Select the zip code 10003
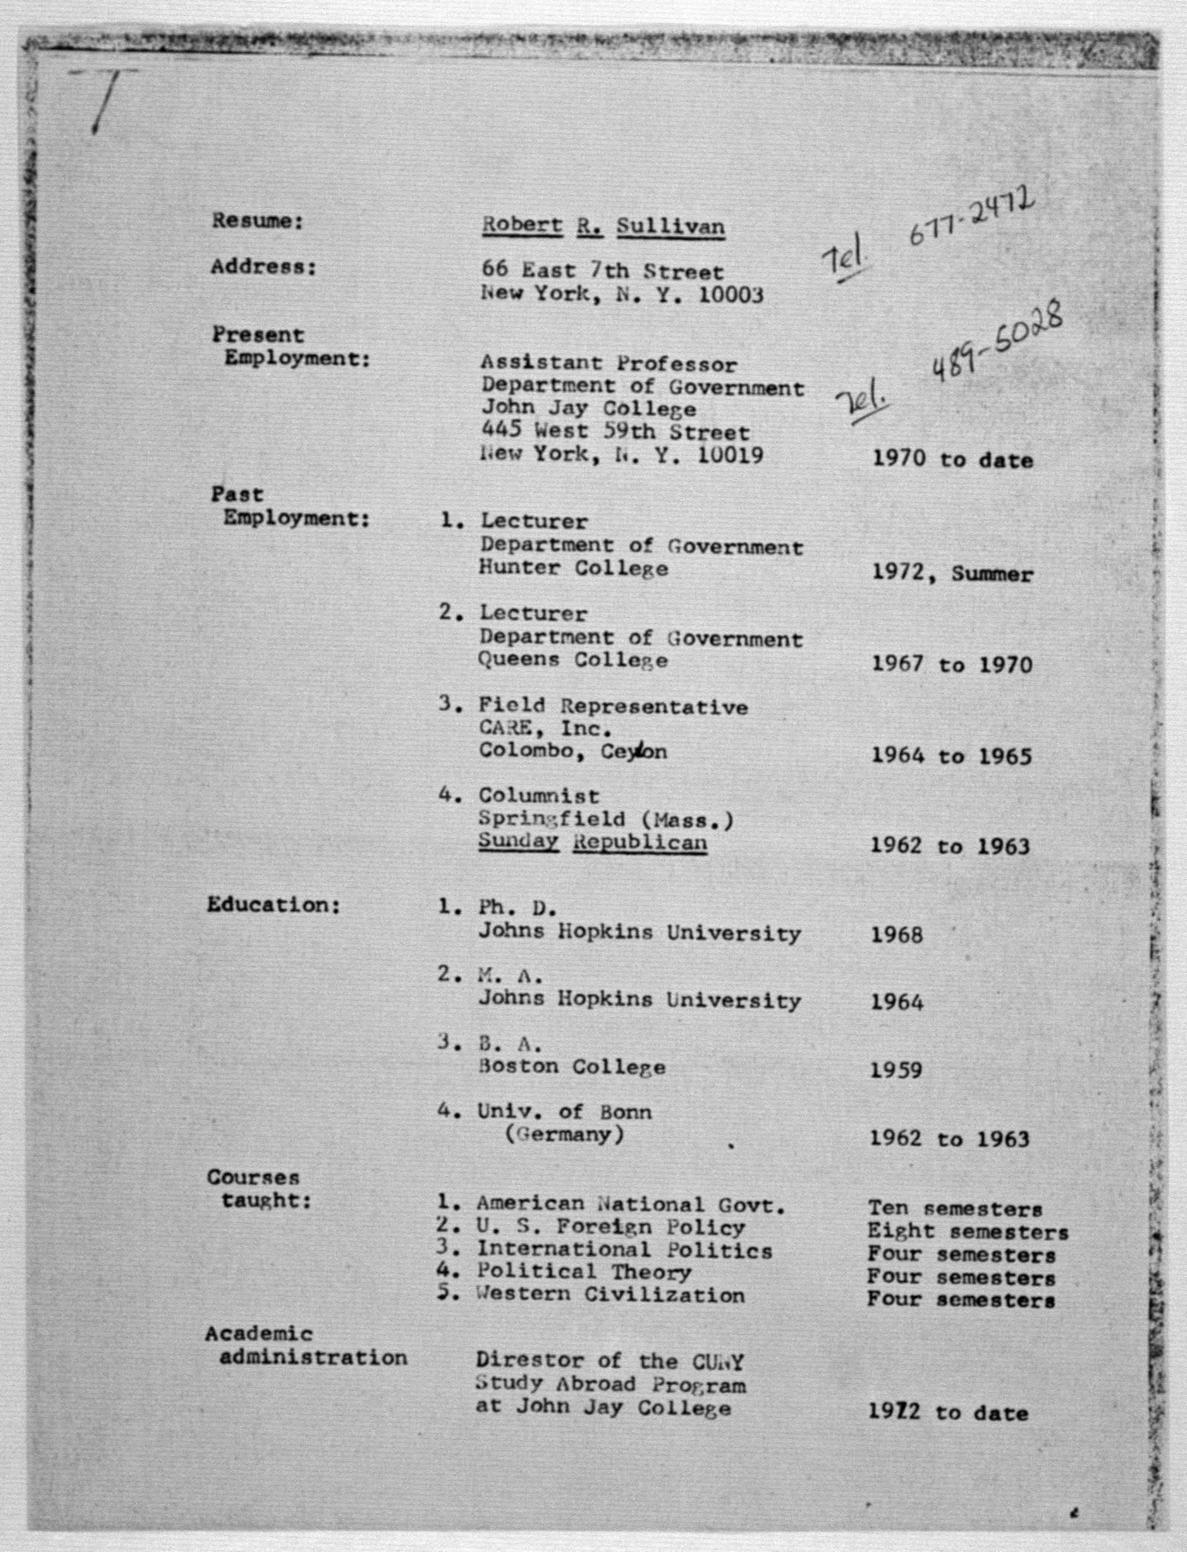731,295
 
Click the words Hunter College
572,569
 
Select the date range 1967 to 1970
952,664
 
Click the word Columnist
539,796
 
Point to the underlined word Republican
639,843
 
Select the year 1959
896,1071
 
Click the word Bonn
626,1112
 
